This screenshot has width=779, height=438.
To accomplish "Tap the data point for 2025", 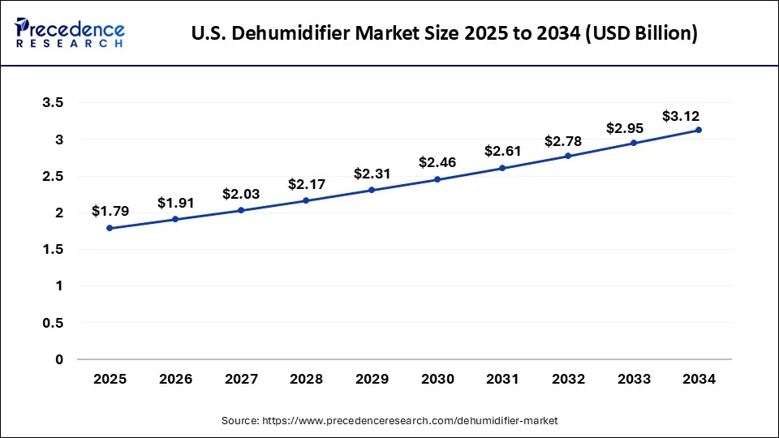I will tap(110, 228).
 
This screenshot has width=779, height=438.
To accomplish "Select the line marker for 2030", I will tap(437, 179).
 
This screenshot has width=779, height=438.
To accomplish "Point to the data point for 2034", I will tap(699, 130).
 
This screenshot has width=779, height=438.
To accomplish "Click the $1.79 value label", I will tap(110, 211).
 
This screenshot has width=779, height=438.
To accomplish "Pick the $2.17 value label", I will tap(306, 184).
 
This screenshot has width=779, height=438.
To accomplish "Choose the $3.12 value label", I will tap(682, 116).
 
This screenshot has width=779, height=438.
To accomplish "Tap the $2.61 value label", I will tap(502, 151).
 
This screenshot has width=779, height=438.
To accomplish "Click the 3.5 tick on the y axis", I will tap(53, 103).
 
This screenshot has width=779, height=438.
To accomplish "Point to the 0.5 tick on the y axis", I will tap(53, 323).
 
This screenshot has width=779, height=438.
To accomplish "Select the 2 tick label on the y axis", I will tap(59, 213).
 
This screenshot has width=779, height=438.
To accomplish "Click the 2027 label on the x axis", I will tap(241, 379).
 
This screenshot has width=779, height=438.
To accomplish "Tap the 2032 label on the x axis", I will tap(568, 379).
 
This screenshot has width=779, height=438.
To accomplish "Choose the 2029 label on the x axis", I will tap(372, 379).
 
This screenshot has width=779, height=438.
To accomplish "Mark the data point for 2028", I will tap(306, 200).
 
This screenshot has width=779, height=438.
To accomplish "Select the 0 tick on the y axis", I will tap(59, 359).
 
